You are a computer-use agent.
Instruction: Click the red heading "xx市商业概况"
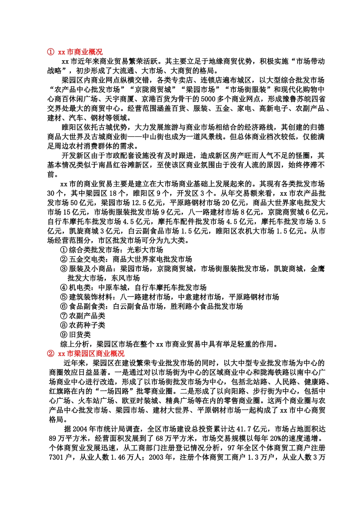pos(80,52)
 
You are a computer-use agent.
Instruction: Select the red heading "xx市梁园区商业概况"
pos(91,353)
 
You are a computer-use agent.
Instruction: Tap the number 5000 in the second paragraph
pos(208,99)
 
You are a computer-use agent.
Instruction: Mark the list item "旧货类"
pos(80,335)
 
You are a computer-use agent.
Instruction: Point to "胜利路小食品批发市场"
pos(207,306)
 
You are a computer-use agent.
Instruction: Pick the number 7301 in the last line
pos(56,457)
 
